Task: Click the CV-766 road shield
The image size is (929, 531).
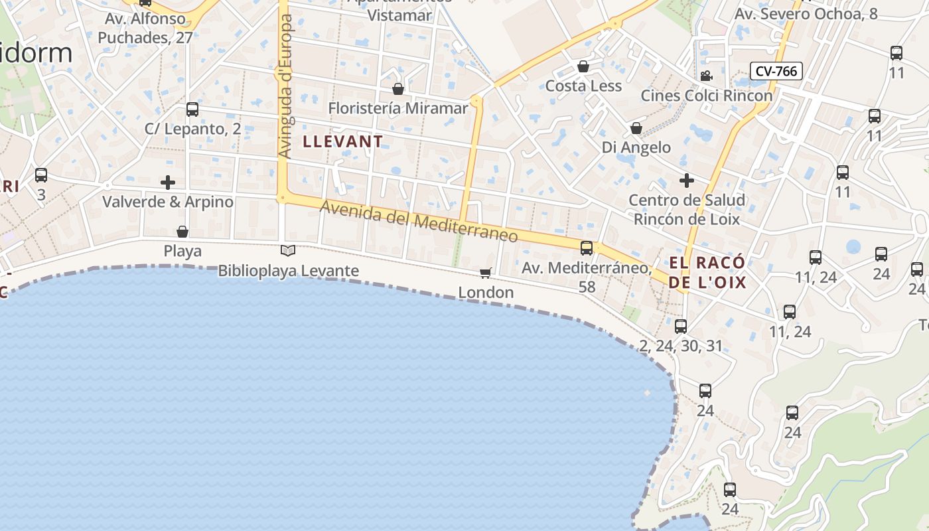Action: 776,71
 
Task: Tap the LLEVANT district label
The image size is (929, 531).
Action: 342,141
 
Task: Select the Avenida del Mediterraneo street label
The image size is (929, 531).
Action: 419,222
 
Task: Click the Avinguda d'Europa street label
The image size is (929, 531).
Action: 285,87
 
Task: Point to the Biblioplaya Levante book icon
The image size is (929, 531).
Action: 287,250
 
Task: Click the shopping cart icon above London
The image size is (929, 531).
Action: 486,273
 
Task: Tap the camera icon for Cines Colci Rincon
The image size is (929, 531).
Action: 706,76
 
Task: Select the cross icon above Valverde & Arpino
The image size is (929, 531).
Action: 168,182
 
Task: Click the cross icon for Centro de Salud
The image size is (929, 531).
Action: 687,180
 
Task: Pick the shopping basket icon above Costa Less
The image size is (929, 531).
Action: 583,66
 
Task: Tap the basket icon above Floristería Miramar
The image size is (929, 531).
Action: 398,88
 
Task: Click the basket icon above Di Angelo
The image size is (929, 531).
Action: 636,127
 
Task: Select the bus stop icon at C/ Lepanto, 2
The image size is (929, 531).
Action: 192,109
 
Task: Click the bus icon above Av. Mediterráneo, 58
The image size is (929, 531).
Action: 587,248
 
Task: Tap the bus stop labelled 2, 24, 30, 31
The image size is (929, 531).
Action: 681,326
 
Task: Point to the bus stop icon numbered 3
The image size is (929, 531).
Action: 41,175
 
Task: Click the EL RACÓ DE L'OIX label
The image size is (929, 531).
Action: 707,272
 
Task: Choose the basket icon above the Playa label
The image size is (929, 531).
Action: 182,232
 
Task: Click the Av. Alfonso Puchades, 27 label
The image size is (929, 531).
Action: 145,28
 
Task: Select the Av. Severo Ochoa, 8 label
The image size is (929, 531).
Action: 806,13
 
